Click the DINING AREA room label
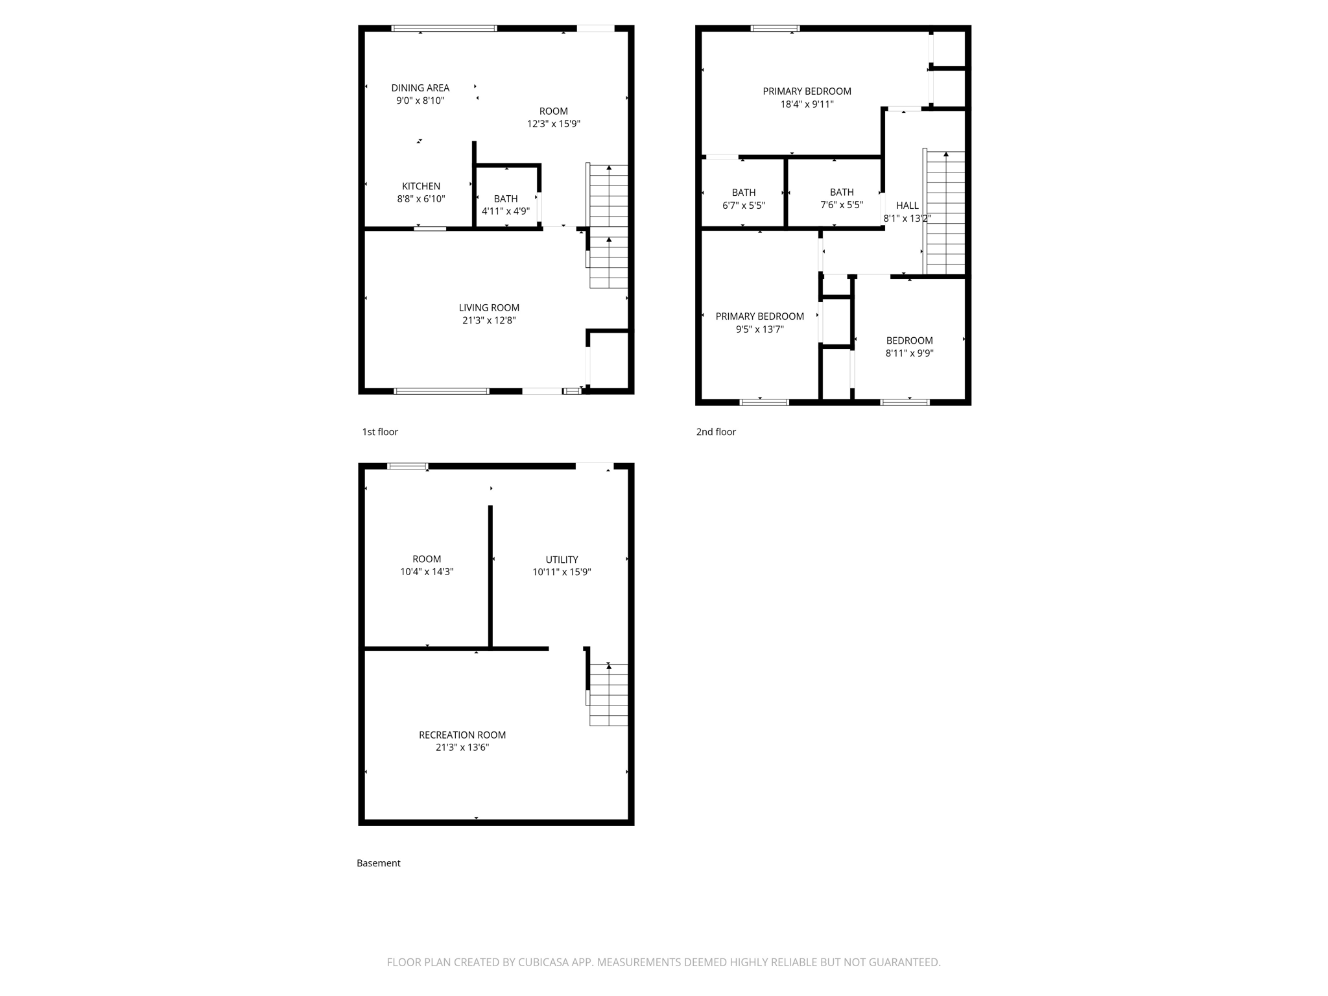click(x=420, y=88)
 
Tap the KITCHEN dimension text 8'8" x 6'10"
click(x=421, y=199)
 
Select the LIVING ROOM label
click(x=489, y=308)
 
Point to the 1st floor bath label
click(x=506, y=199)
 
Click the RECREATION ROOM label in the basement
click(x=462, y=735)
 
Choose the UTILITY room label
click(x=562, y=560)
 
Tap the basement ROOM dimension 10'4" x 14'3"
click(x=426, y=572)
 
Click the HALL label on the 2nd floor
click(x=907, y=206)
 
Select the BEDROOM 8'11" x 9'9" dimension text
click(x=909, y=353)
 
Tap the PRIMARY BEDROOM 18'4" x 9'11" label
click(x=807, y=91)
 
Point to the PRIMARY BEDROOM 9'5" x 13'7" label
click(x=759, y=316)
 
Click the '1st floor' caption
click(x=380, y=432)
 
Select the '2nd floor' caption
click(x=716, y=432)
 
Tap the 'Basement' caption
click(x=378, y=863)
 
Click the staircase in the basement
click(x=608, y=694)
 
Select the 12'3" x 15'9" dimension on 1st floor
click(x=553, y=124)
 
